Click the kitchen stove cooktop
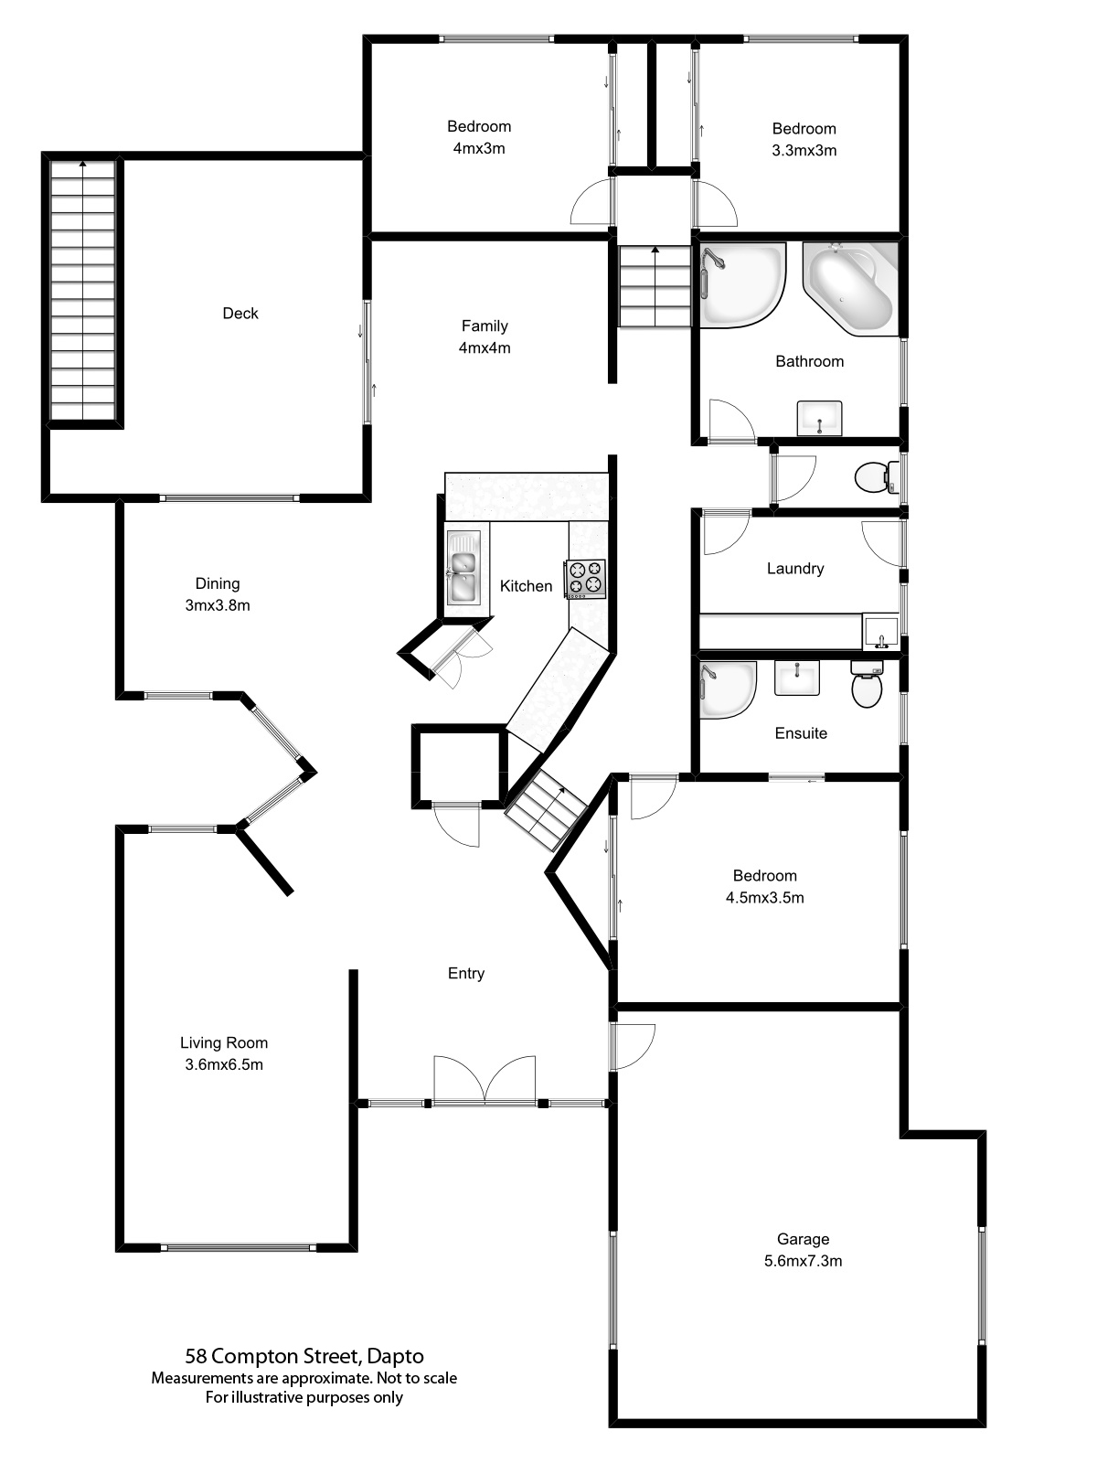[x=585, y=579]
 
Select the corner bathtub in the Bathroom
[x=851, y=288]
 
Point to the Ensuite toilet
[x=867, y=685]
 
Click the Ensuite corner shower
[x=726, y=689]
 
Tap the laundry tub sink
[x=880, y=631]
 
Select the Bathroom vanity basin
[x=820, y=418]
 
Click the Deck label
[x=240, y=314]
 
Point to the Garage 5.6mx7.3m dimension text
[x=803, y=1261]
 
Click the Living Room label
[x=224, y=1042]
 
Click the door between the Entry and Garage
[x=633, y=1046]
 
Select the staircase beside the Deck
[x=84, y=291]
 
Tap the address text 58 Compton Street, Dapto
[x=304, y=1356]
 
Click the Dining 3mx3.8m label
[x=218, y=594]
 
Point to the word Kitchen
[x=526, y=586]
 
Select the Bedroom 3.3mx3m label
[x=804, y=139]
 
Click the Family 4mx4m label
[x=485, y=336]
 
